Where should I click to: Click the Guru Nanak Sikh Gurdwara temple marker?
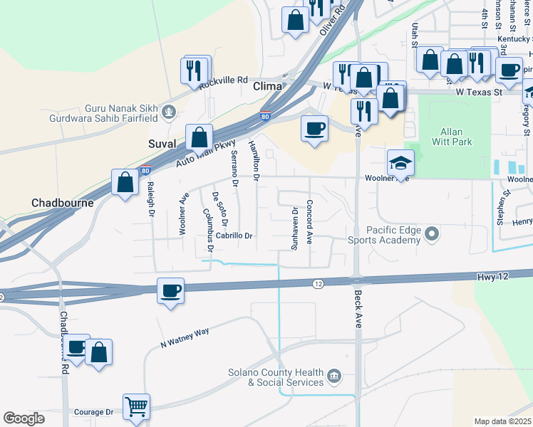coord(169,111)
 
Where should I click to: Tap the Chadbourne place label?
coord(63,203)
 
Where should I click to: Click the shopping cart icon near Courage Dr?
coord(137,407)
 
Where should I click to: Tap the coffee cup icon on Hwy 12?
coord(171,290)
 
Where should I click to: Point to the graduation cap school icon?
coord(400,163)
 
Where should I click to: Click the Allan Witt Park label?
coord(452,137)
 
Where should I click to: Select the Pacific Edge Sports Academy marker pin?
coord(431,233)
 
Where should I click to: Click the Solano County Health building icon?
coord(333,375)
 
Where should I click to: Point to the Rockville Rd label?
coord(223,82)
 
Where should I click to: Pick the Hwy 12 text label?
coord(492,275)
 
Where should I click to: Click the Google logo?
coord(24,418)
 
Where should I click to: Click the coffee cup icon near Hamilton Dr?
coord(314,129)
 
